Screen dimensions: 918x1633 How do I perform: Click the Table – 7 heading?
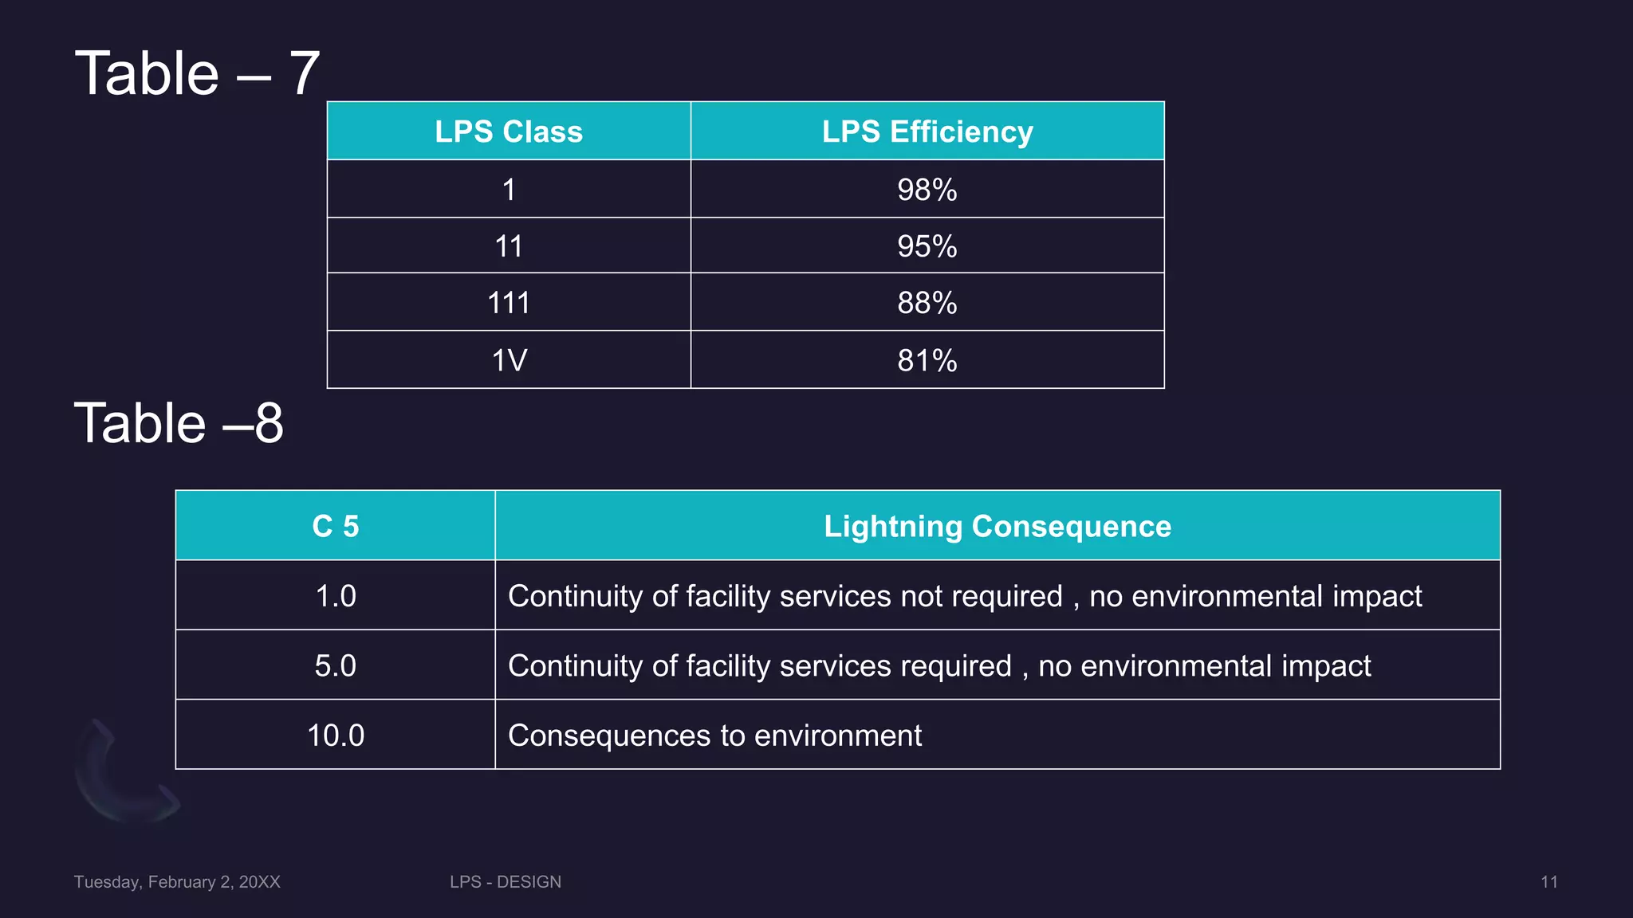(197, 73)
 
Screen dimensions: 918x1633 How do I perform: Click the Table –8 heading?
(179, 422)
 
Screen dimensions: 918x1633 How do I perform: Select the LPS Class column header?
(509, 131)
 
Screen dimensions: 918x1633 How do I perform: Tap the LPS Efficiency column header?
(927, 131)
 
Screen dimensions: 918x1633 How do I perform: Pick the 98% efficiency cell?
(927, 190)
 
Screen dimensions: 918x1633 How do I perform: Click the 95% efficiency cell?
(927, 246)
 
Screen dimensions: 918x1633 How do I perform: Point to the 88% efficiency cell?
(927, 303)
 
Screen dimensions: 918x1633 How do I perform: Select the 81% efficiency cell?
(927, 360)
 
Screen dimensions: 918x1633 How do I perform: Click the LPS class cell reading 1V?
(509, 360)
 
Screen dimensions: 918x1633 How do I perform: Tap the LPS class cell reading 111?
(509, 303)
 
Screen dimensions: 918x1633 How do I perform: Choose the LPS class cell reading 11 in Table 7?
(509, 246)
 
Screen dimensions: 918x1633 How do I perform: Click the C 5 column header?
(335, 526)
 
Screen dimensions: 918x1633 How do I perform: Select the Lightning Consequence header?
(998, 526)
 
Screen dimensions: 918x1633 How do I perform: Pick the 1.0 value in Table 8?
(335, 596)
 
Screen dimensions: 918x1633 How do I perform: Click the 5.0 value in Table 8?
(335, 665)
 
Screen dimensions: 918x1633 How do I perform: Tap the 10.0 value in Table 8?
(335, 735)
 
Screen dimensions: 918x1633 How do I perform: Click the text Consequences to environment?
(714, 735)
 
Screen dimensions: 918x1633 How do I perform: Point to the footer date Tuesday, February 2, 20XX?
(177, 881)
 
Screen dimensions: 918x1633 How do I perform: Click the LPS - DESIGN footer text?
(506, 881)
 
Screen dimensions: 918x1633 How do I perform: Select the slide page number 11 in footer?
(1548, 881)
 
